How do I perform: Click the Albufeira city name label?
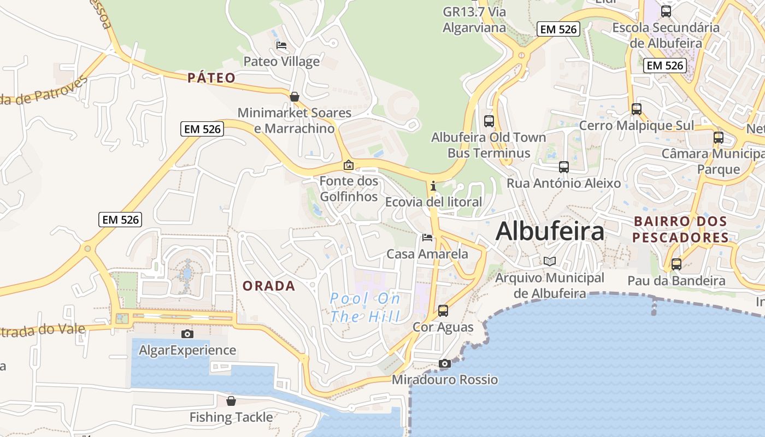(x=550, y=231)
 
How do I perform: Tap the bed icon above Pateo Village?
(x=281, y=45)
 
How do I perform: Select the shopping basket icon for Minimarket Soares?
(x=295, y=97)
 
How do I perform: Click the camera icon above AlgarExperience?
(x=187, y=333)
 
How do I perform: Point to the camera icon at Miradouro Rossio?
(x=445, y=363)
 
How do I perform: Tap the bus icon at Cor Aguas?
(x=443, y=310)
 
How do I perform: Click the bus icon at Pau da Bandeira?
(x=676, y=264)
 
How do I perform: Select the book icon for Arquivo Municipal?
(x=550, y=261)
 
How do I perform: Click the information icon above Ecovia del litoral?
(x=433, y=186)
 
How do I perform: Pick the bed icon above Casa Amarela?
(x=427, y=237)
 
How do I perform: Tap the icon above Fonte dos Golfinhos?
(x=348, y=164)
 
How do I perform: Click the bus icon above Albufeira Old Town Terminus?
(x=489, y=121)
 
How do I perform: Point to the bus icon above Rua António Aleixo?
(x=564, y=167)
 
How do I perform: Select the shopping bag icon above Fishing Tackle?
(x=231, y=401)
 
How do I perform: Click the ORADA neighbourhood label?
(x=269, y=286)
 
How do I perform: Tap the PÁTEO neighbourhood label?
(x=211, y=78)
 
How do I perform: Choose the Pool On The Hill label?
(x=365, y=307)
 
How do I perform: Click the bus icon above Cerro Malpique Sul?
(x=637, y=109)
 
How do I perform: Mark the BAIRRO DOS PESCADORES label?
(x=680, y=229)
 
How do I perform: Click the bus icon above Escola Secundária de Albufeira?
(x=666, y=11)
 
